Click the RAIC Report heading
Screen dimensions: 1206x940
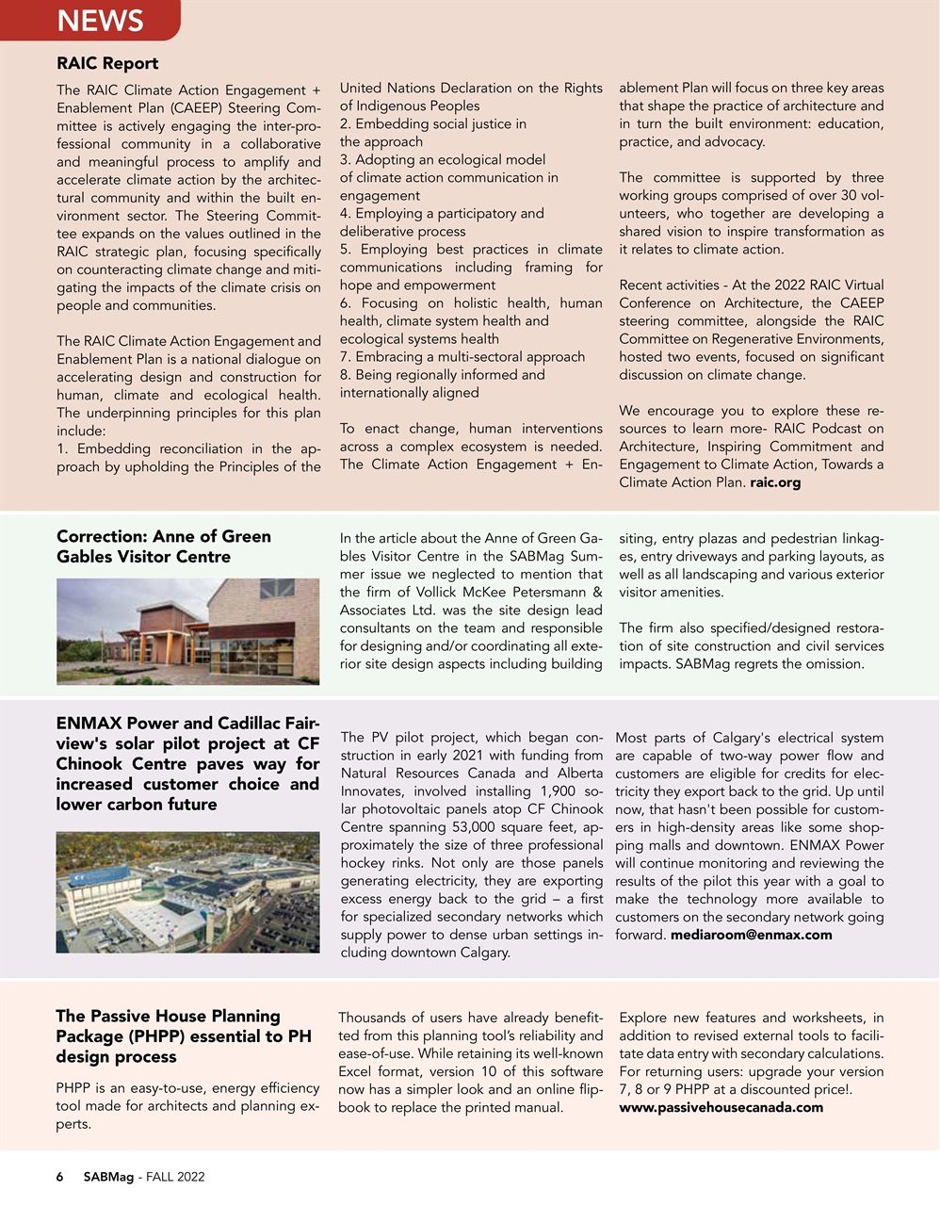(107, 63)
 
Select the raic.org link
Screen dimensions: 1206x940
(775, 482)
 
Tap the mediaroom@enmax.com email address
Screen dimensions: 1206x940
(751, 935)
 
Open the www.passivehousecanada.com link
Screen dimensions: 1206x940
(721, 1107)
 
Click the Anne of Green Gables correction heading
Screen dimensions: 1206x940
(164, 546)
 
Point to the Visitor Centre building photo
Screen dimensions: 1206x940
(187, 630)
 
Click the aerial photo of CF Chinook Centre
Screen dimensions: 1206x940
(187, 892)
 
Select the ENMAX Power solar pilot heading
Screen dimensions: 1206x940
(187, 763)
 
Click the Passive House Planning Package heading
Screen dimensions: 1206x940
(184, 1035)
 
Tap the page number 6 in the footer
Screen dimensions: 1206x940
(60, 1177)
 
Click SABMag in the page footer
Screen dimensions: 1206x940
(108, 1177)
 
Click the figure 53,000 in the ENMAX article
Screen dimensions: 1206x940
(444, 827)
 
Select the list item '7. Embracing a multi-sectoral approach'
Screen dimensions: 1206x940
(462, 357)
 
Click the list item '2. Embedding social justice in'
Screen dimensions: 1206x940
(433, 123)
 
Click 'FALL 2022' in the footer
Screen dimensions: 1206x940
(175, 1177)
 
